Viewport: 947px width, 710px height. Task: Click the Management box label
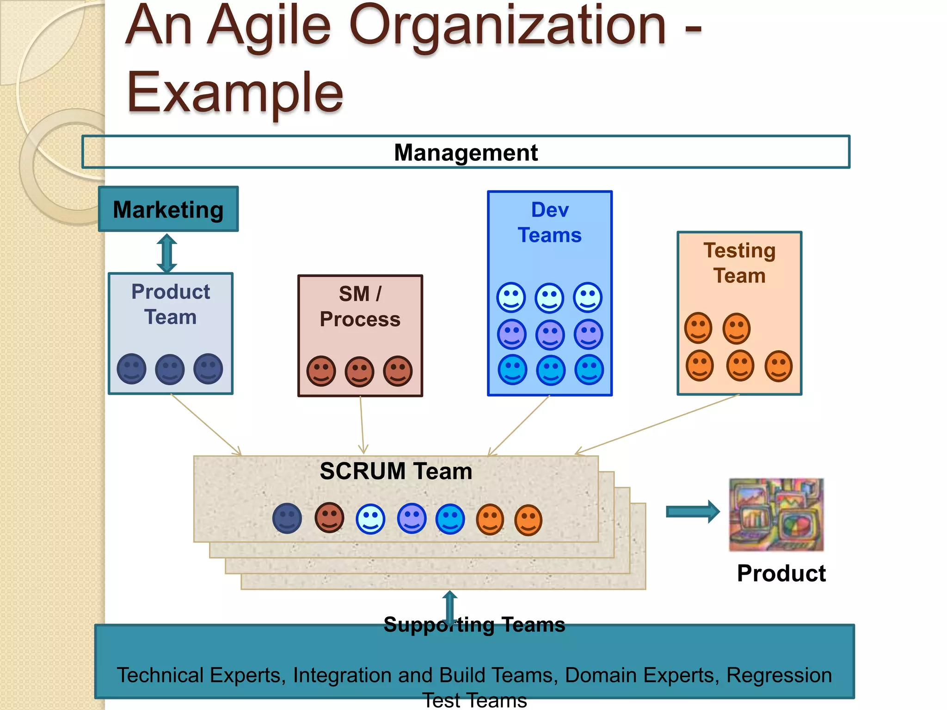(466, 153)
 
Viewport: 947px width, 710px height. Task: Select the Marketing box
(168, 209)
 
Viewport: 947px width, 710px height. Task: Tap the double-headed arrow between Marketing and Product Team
(167, 253)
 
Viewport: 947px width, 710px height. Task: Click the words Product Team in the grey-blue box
(171, 304)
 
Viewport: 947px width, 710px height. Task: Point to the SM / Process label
(360, 306)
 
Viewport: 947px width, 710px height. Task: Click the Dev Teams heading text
(550, 222)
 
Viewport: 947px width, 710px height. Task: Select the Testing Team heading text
(739, 263)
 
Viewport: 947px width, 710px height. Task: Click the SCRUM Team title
(396, 471)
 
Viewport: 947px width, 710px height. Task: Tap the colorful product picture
(776, 514)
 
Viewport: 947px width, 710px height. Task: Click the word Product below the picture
(781, 573)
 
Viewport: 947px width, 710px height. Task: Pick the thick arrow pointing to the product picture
(693, 512)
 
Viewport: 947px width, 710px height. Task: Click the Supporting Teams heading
(474, 624)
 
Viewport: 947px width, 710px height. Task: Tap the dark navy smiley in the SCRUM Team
(287, 518)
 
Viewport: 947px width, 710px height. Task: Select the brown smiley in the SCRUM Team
(329, 517)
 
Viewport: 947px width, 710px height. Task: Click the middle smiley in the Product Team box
(170, 369)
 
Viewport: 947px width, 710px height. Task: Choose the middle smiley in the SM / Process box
(360, 371)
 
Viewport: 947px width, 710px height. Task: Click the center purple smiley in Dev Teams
(550, 334)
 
